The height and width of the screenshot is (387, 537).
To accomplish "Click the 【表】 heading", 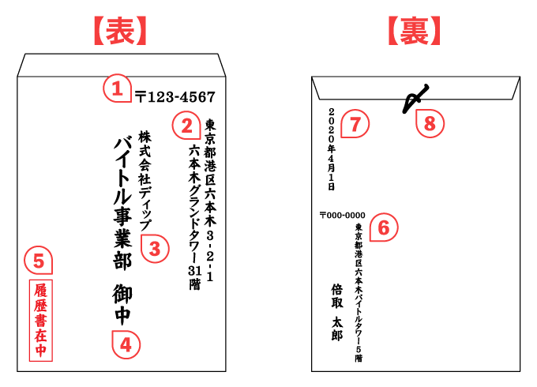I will (x=116, y=30).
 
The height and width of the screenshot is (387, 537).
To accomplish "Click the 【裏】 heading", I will (x=415, y=30).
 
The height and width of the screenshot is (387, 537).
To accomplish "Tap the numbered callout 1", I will (x=117, y=88).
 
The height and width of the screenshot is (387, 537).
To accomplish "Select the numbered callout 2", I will (x=186, y=125).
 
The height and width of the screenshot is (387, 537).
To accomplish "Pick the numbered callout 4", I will (x=126, y=343).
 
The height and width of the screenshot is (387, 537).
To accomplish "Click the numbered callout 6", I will (x=383, y=227).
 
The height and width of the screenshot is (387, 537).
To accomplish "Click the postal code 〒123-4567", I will (x=175, y=97).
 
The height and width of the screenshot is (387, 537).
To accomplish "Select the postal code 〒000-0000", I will (x=342, y=215).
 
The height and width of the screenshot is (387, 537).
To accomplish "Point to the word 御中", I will (x=122, y=304).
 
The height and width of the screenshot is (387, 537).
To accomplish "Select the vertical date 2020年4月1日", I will (x=332, y=148).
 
